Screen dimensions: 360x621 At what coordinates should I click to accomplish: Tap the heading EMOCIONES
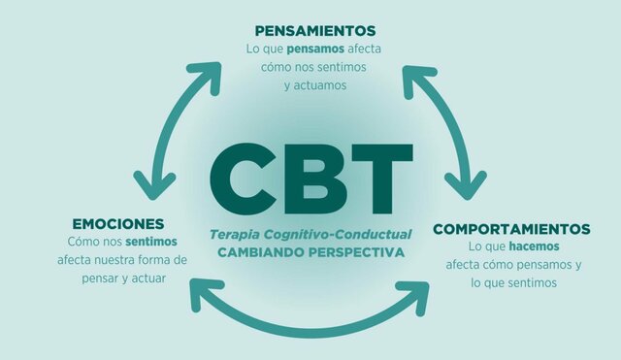click(116, 223)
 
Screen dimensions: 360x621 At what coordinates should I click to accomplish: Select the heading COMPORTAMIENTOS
click(511, 229)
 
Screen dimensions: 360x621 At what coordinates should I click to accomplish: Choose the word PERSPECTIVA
click(353, 250)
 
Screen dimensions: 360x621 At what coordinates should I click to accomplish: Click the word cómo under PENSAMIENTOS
click(278, 67)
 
